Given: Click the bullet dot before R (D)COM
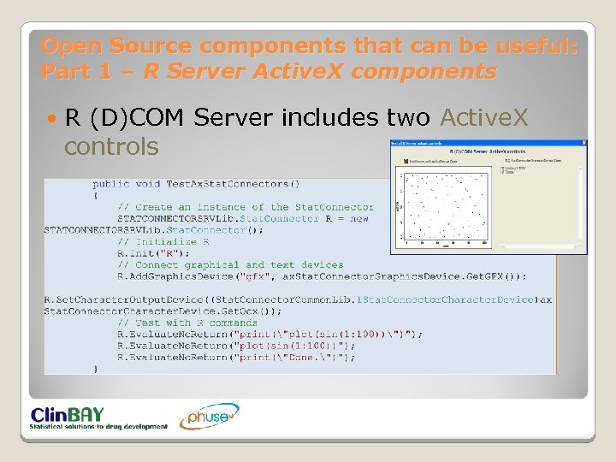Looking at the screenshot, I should click(51, 118).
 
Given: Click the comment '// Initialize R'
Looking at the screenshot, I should click(163, 241).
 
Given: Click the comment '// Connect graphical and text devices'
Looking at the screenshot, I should click(230, 264).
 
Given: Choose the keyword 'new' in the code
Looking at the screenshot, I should click(359, 218).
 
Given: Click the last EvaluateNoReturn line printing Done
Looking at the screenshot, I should click(236, 358).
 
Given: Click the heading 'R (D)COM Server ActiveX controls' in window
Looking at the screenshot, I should click(489, 151).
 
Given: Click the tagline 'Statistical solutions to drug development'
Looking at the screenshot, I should click(98, 426).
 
